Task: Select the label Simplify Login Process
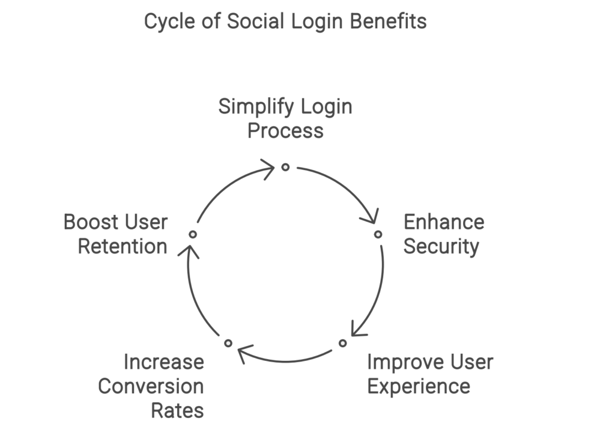(x=285, y=118)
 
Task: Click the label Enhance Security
(x=443, y=234)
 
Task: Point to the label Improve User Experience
(x=429, y=374)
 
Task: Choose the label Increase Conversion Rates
(x=151, y=386)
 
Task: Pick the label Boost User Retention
(x=116, y=234)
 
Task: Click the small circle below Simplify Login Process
(x=285, y=167)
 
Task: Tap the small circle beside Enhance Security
(x=378, y=234)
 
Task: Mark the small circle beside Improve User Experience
(x=342, y=343)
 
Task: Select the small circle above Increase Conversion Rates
(x=228, y=343)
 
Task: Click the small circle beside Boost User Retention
(x=193, y=234)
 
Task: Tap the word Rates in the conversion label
(x=177, y=411)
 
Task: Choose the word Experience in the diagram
(x=419, y=386)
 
